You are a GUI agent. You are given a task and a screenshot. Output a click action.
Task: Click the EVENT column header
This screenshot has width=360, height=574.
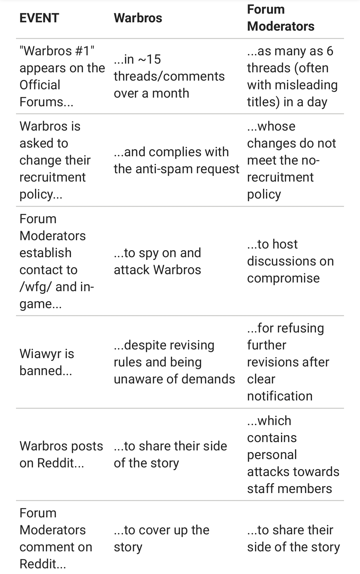pos(39,18)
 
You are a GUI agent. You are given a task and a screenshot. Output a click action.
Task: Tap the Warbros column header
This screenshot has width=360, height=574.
pos(138,18)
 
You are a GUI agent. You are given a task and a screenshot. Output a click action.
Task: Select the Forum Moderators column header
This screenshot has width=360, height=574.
pos(281,18)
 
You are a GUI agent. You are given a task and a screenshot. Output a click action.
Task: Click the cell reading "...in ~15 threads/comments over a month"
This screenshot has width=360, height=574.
pos(169,76)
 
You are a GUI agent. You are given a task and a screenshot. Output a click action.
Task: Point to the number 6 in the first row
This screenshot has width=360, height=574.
pos(330,51)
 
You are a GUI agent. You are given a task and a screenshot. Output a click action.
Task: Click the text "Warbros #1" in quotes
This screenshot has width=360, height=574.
pos(57,51)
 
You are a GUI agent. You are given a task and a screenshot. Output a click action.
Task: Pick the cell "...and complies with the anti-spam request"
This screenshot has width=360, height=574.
pos(176,160)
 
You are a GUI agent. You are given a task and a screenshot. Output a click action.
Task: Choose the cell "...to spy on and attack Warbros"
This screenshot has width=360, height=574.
pos(157,261)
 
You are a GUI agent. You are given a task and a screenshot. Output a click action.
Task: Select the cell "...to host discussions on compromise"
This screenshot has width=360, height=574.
pos(290,261)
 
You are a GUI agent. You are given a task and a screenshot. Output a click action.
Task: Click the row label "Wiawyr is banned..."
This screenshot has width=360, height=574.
pos(47,362)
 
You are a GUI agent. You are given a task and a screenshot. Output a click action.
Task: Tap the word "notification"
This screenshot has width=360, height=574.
pos(280,396)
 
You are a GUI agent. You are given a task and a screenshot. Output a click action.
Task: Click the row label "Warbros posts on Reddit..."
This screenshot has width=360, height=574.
pos(61,454)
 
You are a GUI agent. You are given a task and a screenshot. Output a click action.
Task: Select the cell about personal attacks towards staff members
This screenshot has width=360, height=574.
pos(293,454)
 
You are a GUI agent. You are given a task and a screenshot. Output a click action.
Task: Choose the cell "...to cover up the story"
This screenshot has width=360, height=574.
pos(161,538)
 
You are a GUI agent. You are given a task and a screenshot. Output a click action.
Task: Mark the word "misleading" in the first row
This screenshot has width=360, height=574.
pos(306,85)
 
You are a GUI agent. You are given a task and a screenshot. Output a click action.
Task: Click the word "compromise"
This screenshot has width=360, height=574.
pos(283,278)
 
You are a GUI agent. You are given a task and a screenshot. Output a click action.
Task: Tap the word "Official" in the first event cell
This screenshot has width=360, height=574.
pos(40,85)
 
